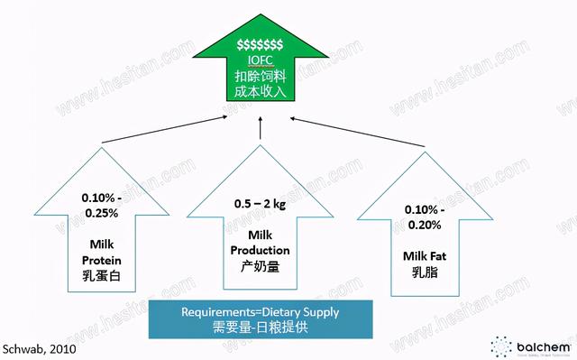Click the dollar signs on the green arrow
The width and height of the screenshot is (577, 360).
260,44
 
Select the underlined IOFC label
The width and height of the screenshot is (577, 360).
260,60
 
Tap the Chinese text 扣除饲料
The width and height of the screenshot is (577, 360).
260,76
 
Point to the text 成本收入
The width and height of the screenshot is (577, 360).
260,93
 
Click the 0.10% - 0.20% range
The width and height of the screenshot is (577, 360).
421,218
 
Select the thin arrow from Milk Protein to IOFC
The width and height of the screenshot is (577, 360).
162,129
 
